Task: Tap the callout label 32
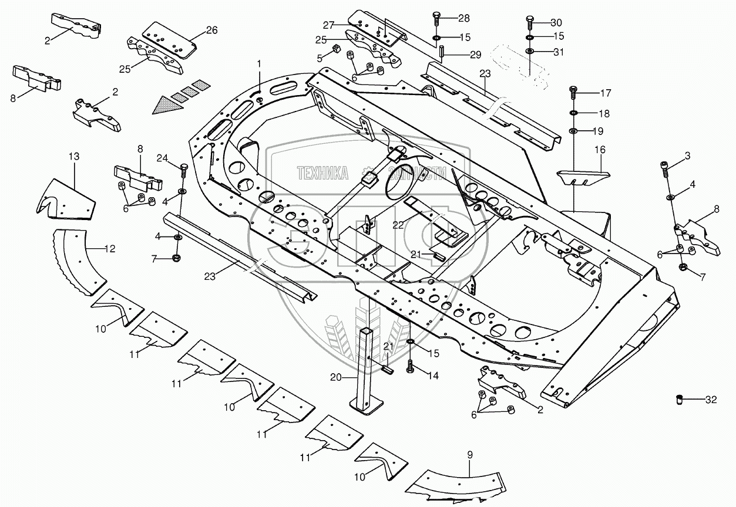[x=711, y=401]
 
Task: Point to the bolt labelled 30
[x=530, y=22]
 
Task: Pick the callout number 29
[x=475, y=55]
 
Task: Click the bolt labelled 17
[x=573, y=93]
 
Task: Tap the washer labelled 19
[x=573, y=130]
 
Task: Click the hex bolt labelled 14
[x=410, y=369]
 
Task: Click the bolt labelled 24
[x=183, y=171]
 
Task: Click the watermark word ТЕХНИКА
[x=322, y=173]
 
